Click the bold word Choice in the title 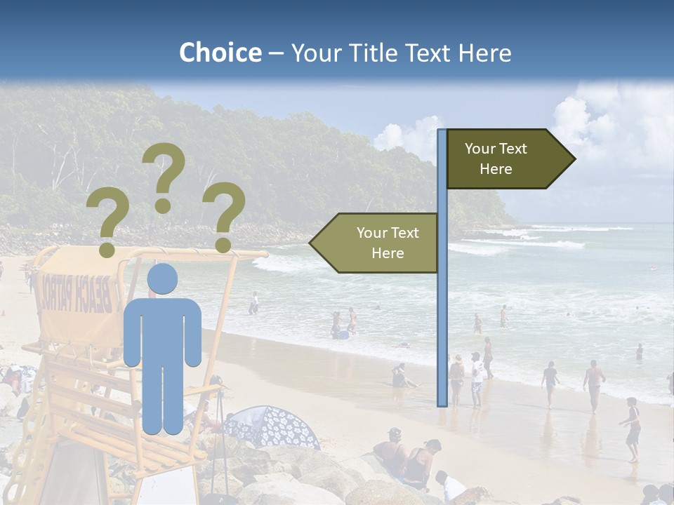tap(220, 53)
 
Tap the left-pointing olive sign tap(376, 243)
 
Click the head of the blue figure tap(162, 278)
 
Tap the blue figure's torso tap(162, 330)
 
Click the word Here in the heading tap(485, 53)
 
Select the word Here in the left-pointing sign tap(388, 253)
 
